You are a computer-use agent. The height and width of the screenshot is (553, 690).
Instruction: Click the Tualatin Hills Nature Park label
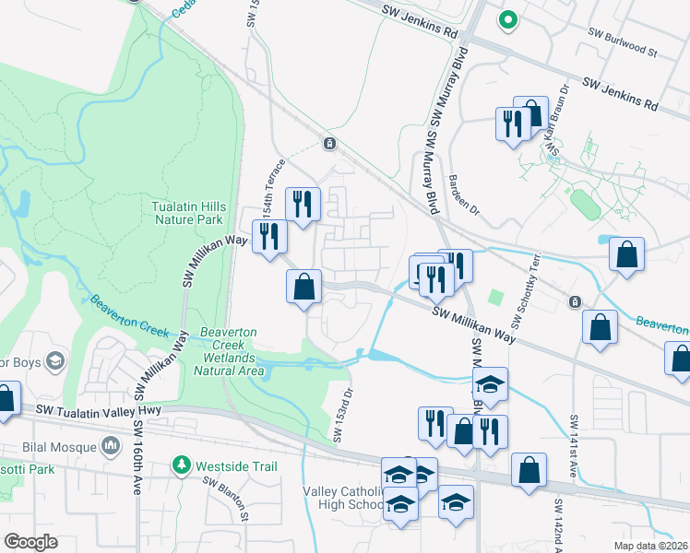click(x=188, y=214)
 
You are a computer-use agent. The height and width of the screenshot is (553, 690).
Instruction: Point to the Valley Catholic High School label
click(x=342, y=498)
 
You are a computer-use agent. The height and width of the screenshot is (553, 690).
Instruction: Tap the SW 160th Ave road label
click(x=137, y=458)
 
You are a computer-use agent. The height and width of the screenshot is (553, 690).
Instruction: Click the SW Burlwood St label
click(x=624, y=42)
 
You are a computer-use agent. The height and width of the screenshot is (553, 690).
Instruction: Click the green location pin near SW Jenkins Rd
click(x=506, y=18)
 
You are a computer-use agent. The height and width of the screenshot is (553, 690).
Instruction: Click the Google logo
click(x=31, y=541)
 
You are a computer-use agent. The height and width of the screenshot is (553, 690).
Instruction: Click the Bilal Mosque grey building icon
click(x=112, y=448)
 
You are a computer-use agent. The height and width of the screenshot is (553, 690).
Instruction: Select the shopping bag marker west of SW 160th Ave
click(x=5, y=399)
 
